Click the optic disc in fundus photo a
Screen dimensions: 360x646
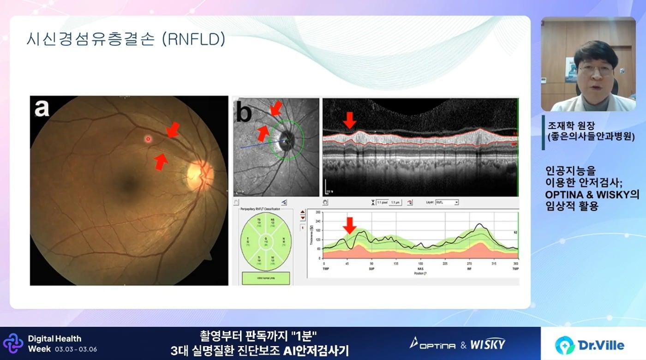coord(199,174)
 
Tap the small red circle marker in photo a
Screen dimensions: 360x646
coord(148,138)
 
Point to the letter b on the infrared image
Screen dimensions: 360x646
coord(245,112)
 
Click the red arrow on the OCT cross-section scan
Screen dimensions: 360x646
coord(350,120)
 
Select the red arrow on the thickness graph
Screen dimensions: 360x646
coord(350,225)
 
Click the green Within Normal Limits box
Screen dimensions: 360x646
coord(266,278)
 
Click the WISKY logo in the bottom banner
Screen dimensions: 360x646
coord(488,344)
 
